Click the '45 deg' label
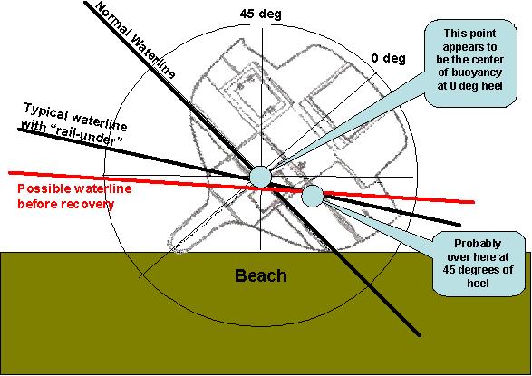[x=261, y=14]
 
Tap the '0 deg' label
[x=388, y=58]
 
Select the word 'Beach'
[x=261, y=275]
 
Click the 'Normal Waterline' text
[x=135, y=39]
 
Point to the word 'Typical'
[x=45, y=113]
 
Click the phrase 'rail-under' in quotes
[x=88, y=136]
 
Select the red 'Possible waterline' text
[x=74, y=188]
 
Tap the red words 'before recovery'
[x=66, y=204]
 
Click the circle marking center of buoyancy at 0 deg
[x=261, y=177]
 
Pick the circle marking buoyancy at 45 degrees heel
[x=312, y=196]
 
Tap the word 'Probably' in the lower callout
[x=478, y=244]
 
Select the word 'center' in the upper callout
[x=486, y=60]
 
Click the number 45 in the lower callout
[x=449, y=270]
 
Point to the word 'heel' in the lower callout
[x=478, y=283]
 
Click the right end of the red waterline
[x=474, y=202]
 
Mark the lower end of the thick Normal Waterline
[x=420, y=335]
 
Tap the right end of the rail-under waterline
[x=460, y=225]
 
